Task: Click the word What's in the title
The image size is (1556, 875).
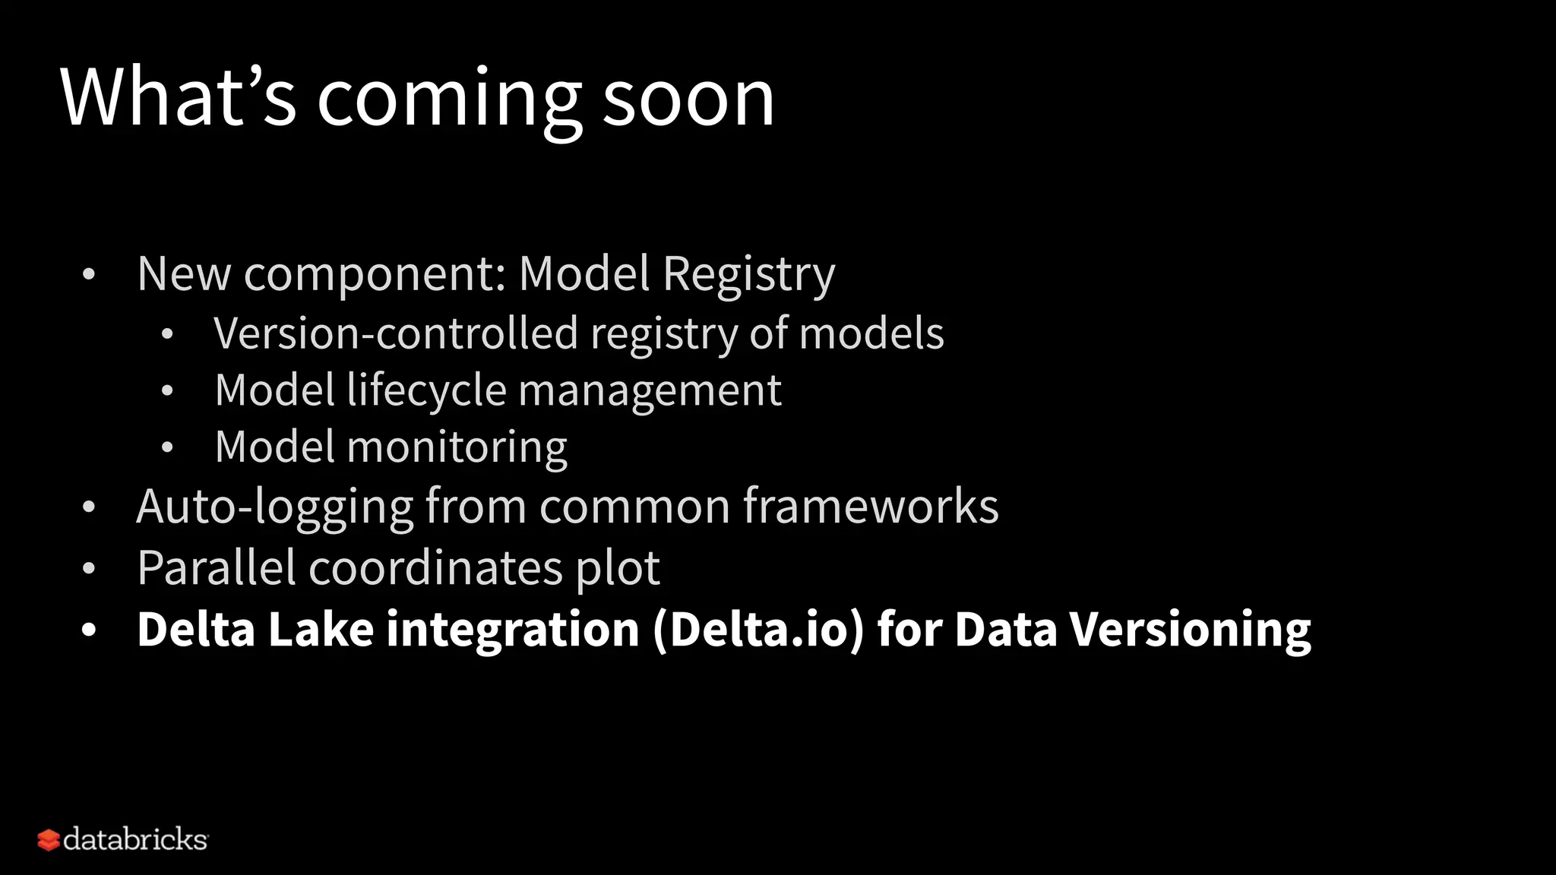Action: click(x=178, y=97)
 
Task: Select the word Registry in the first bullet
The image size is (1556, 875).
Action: click(x=748, y=274)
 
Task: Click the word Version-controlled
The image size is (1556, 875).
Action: click(x=396, y=333)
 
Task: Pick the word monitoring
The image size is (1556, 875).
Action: click(x=457, y=448)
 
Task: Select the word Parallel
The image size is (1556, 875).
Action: click(x=217, y=567)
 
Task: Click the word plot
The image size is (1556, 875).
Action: click(x=617, y=569)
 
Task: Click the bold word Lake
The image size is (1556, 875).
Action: click(x=321, y=630)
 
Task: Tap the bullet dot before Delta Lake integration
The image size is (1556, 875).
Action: click(x=89, y=630)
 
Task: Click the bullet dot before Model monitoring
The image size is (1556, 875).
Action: click(x=167, y=448)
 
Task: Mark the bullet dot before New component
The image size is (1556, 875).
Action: click(x=89, y=275)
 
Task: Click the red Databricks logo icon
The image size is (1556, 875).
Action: click(x=48, y=840)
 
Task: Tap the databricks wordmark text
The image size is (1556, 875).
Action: click(x=135, y=839)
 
